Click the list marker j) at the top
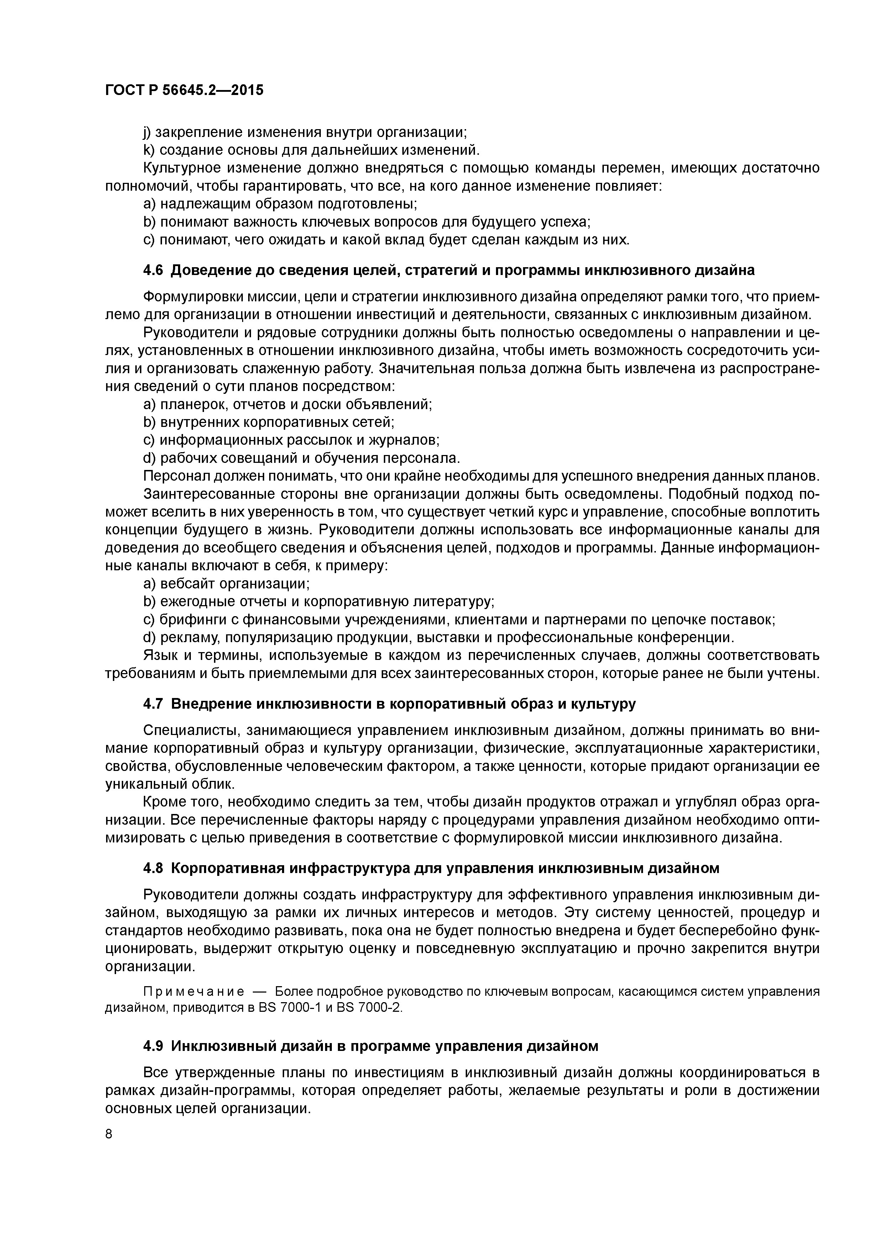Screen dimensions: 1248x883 pos(147,132)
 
